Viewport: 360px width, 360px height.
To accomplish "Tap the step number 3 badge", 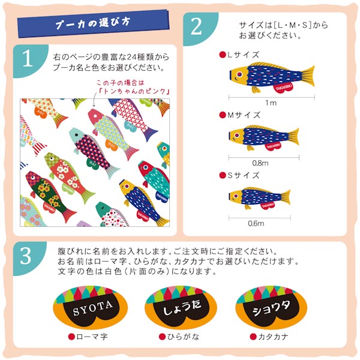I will [x=26, y=257].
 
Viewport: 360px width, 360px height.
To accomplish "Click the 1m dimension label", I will [x=271, y=103].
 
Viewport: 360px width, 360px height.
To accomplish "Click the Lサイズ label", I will [x=242, y=55].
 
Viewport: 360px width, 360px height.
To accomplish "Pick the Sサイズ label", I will [x=242, y=175].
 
